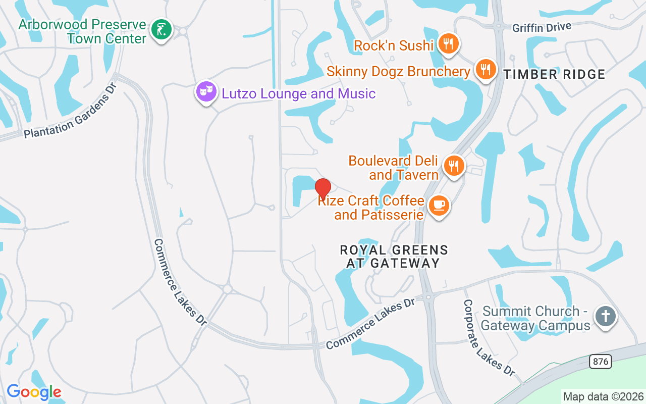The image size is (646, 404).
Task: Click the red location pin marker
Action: tap(323, 189)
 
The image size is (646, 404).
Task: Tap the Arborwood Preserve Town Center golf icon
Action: tap(161, 30)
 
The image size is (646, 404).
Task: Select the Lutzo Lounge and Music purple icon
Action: tap(206, 92)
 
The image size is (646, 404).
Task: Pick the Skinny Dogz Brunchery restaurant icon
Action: tap(486, 69)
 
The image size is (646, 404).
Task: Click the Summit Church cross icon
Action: tap(605, 317)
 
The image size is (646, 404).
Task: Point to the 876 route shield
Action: tap(601, 362)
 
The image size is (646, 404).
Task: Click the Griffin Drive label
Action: tap(542, 27)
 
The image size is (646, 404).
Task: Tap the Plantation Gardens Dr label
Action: tap(71, 110)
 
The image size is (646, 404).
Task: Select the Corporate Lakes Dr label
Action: tap(489, 337)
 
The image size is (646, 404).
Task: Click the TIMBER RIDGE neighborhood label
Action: tap(554, 75)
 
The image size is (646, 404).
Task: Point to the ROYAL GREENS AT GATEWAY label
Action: tap(394, 257)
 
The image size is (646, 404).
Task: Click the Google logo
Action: tap(34, 392)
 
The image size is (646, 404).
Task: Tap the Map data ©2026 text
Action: tap(604, 396)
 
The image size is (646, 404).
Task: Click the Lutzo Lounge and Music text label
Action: tap(297, 93)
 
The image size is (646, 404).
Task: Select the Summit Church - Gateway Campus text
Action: tap(535, 318)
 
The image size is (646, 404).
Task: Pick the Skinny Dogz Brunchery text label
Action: tap(398, 71)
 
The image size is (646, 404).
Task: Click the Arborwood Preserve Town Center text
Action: tap(82, 31)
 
